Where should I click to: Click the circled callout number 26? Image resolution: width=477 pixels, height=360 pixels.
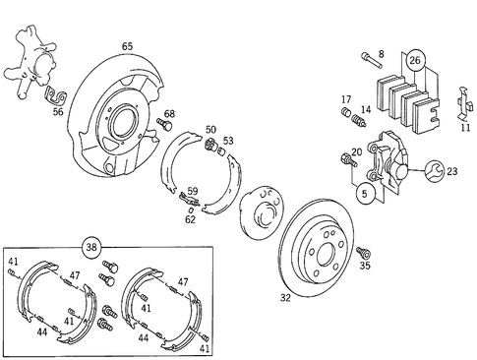(x=415, y=61)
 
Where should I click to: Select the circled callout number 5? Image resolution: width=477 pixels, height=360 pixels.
(x=365, y=193)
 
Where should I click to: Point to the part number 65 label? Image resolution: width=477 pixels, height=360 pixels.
(x=127, y=46)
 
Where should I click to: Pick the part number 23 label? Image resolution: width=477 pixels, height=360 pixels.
(x=451, y=171)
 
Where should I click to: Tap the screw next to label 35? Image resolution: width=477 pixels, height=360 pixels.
(x=363, y=251)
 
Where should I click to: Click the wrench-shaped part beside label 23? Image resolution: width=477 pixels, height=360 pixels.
(x=430, y=175)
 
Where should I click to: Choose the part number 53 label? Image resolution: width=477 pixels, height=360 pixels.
(x=228, y=142)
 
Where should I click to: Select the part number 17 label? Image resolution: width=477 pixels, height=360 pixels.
(x=346, y=99)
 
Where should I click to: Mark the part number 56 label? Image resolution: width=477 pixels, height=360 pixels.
(x=58, y=113)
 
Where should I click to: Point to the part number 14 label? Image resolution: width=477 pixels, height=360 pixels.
(x=365, y=110)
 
